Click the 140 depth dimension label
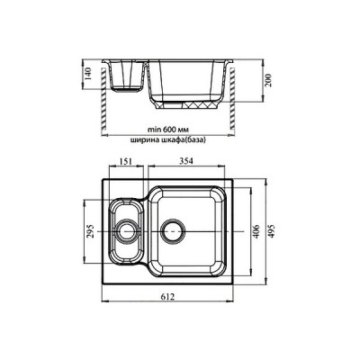click(x=87, y=74)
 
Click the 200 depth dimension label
click(x=268, y=80)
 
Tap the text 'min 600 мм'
click(x=168, y=130)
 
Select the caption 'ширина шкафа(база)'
click(x=168, y=140)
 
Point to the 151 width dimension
click(x=126, y=161)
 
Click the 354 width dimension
click(x=187, y=161)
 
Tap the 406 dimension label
click(x=256, y=231)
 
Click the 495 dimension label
click(x=272, y=231)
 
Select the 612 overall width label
click(x=167, y=297)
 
